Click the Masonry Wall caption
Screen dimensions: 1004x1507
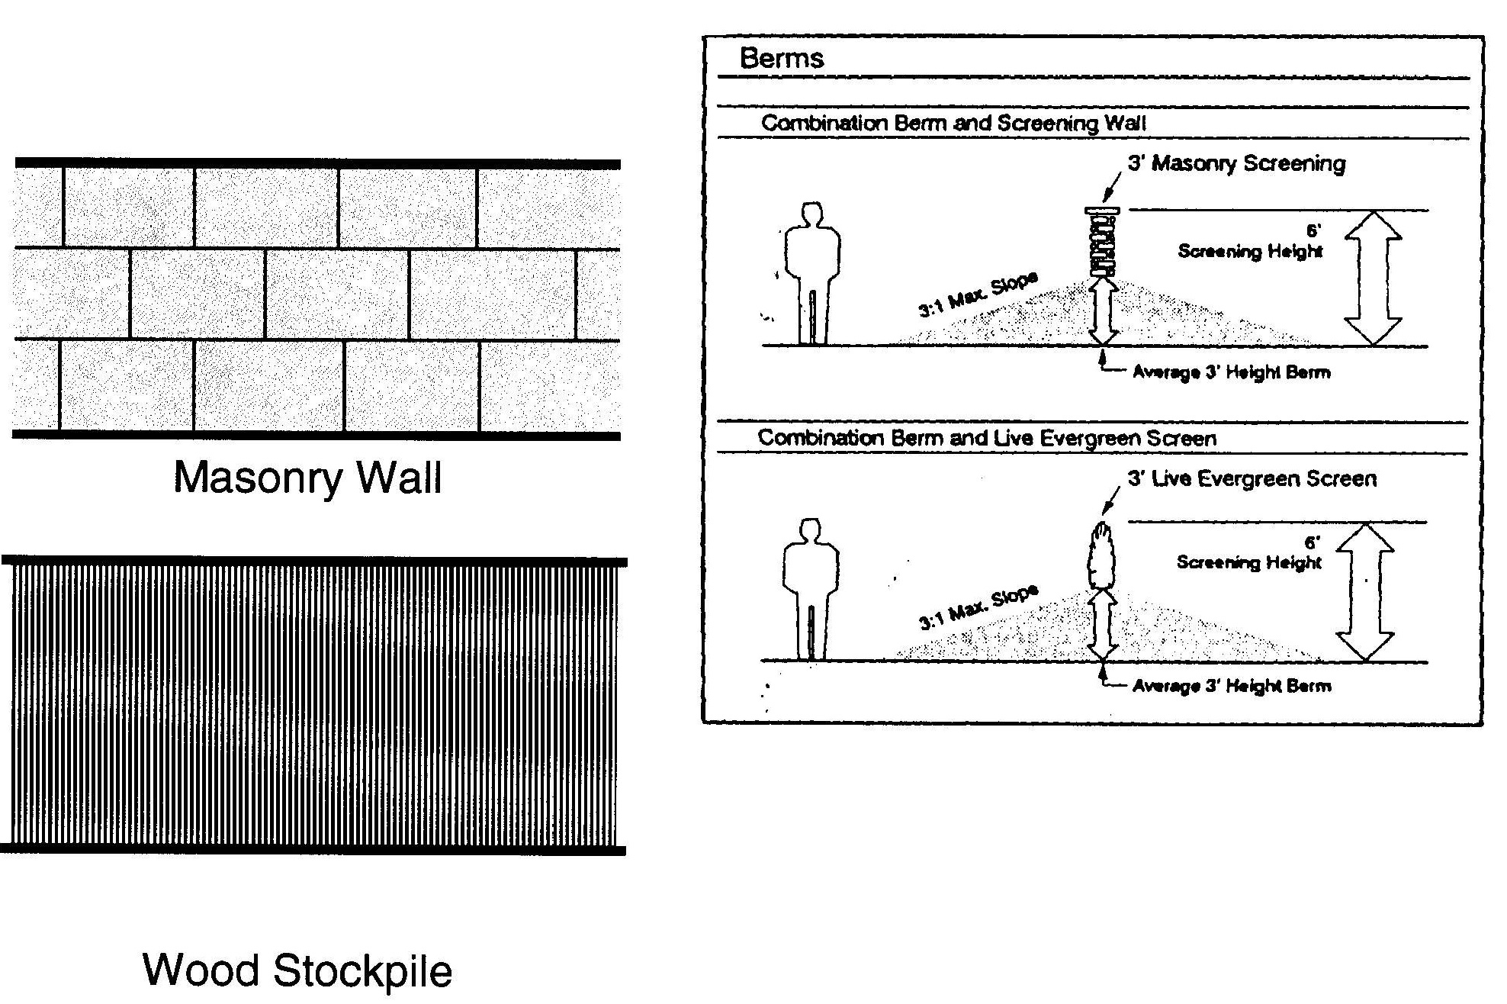click(x=307, y=478)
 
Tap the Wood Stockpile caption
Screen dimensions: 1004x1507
click(x=297, y=970)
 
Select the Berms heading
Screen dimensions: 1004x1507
click(x=782, y=59)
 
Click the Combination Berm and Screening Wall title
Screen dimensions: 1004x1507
click(x=953, y=124)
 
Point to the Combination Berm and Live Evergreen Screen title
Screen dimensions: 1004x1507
click(x=987, y=438)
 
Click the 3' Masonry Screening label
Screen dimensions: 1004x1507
click(x=1236, y=163)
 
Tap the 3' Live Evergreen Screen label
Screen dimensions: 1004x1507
click(x=1252, y=479)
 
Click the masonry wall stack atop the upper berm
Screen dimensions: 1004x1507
click(x=1103, y=243)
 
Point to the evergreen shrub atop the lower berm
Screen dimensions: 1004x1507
click(x=1100, y=554)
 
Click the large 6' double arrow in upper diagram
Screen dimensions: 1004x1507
click(x=1373, y=278)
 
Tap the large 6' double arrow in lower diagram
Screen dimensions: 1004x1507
click(x=1365, y=592)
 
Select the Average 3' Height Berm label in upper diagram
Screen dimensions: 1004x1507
click(x=1231, y=373)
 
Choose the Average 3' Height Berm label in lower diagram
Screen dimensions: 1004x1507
click(x=1231, y=686)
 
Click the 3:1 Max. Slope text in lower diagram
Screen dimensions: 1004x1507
click(x=977, y=608)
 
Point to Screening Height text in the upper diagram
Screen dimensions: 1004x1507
click(x=1249, y=251)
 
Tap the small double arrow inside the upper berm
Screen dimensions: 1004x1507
click(x=1103, y=312)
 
